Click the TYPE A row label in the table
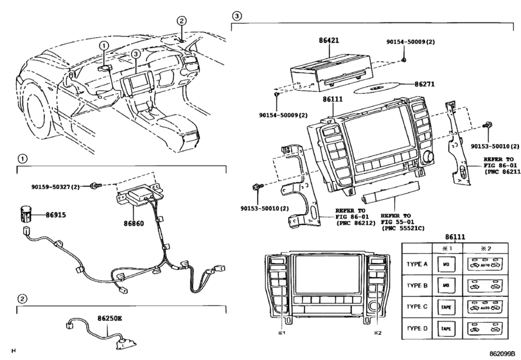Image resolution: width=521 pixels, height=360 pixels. [418, 264]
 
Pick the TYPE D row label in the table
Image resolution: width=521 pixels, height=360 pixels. [418, 328]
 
